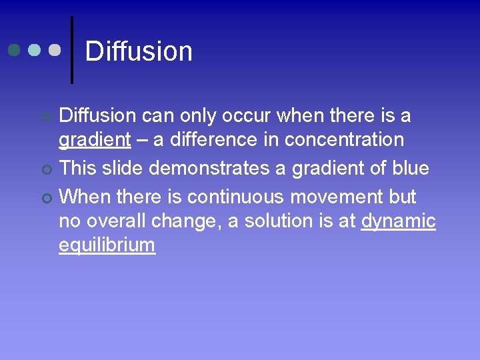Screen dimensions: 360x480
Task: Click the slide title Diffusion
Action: coord(139,51)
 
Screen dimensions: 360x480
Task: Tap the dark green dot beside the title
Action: coord(15,50)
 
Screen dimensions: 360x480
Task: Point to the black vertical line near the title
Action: coord(72,50)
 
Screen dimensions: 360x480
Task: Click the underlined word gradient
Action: coord(95,140)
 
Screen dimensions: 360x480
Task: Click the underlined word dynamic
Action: coord(398,221)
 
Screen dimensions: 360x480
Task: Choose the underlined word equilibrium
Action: coord(107,245)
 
